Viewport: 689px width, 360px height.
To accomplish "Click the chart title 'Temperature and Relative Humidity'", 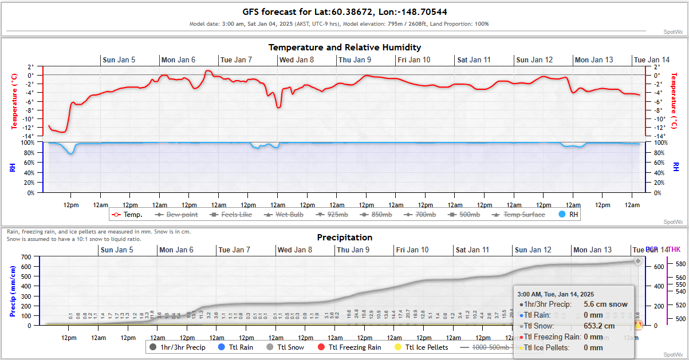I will coord(344,48).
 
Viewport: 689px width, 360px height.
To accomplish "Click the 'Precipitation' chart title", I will coord(344,238).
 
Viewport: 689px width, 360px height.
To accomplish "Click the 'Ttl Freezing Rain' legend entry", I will coord(356,347).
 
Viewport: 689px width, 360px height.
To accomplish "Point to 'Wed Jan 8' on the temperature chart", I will coord(296,60).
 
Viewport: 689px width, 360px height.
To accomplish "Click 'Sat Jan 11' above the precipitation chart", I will coord(473,250).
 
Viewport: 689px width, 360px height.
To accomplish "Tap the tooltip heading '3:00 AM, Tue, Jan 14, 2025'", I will coord(556,294).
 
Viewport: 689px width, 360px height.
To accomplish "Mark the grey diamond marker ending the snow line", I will coord(637,261).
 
